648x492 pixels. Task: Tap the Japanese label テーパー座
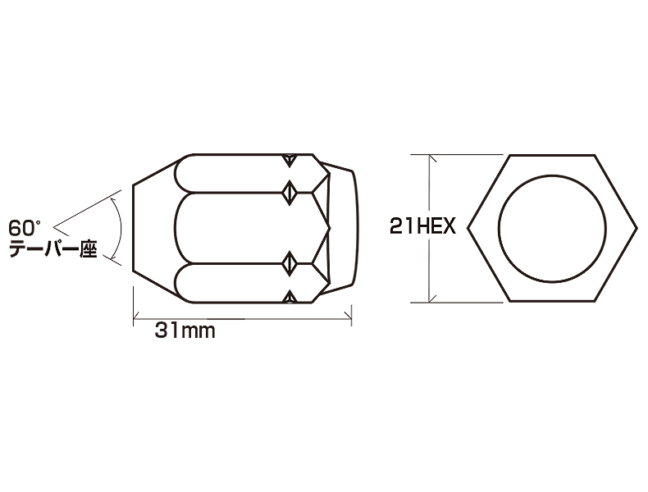coord(52,250)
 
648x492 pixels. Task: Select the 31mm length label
coord(185,331)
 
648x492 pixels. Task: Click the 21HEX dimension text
coord(422,228)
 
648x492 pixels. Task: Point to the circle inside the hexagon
coord(554,228)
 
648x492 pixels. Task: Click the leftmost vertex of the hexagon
coord(470,228)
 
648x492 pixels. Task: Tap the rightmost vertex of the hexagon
coord(637,228)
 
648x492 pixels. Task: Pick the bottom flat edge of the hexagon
coord(554,301)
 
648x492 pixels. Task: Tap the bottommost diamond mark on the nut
coord(288,296)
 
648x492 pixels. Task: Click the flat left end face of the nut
coord(134,228)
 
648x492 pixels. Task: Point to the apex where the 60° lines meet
coord(55,221)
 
